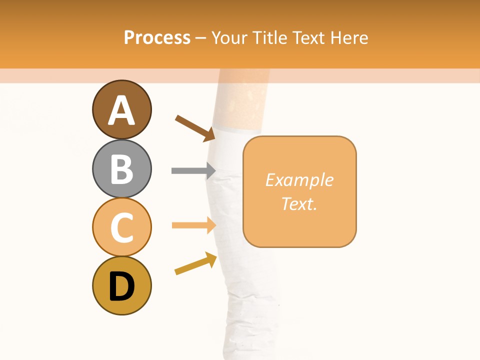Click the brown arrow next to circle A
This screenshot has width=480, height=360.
click(195, 128)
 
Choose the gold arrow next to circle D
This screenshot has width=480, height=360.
click(195, 263)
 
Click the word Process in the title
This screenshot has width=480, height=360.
click(157, 37)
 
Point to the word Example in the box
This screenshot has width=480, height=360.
click(299, 180)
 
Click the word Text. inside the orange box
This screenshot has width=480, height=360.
click(299, 203)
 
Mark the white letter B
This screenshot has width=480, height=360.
click(121, 169)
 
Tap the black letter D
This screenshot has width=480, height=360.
click(121, 286)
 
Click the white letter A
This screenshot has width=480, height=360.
click(121, 110)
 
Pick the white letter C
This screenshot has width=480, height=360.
click(121, 227)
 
